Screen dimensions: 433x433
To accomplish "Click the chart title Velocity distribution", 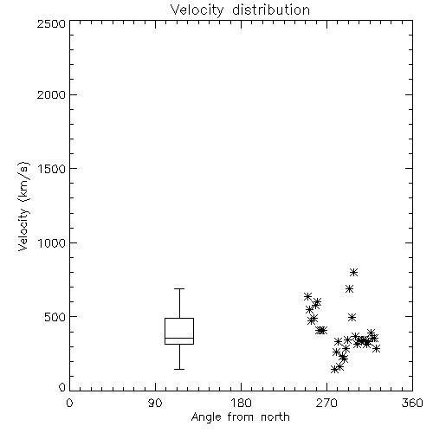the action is click(240, 10).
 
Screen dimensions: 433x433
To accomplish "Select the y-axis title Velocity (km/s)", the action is click(23, 206).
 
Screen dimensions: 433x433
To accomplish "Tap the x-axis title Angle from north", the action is click(240, 417).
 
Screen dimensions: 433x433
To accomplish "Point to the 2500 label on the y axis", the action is click(51, 23).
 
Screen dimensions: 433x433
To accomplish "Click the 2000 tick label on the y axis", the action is click(51, 94).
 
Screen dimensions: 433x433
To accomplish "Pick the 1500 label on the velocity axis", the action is click(52, 169).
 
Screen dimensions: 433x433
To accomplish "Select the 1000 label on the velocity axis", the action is click(52, 243).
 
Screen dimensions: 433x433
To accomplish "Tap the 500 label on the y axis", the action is click(55, 317).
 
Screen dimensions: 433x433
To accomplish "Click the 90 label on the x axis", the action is click(155, 403).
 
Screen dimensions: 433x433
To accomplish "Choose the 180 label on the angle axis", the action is click(241, 403).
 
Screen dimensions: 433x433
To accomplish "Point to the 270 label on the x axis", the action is click(326, 403).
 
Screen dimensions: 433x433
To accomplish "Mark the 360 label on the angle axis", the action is click(412, 403).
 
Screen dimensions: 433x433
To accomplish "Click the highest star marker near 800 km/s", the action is click(353, 272).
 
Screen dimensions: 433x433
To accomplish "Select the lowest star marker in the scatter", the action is click(334, 369).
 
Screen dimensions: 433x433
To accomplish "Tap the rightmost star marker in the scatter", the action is click(376, 348).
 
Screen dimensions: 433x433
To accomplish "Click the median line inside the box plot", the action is click(179, 338).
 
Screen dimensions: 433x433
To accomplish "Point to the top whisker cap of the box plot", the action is click(179, 288).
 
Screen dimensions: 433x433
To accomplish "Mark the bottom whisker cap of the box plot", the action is click(179, 369).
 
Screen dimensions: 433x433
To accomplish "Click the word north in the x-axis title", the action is click(275, 417).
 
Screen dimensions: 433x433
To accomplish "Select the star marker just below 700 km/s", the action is click(349, 288).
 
